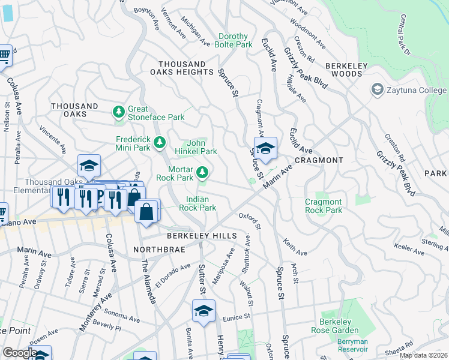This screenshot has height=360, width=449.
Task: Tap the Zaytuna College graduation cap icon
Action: pyautogui.click(x=378, y=90)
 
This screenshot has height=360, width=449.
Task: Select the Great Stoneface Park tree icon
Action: pyautogui.click(x=118, y=112)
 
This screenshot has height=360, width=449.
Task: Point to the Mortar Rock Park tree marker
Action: pyautogui.click(x=203, y=173)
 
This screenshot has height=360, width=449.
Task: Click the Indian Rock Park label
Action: pyautogui.click(x=201, y=203)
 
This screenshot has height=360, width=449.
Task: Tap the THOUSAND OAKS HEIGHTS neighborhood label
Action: pyautogui.click(x=182, y=68)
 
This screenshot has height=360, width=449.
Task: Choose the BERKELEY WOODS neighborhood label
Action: pyautogui.click(x=344, y=70)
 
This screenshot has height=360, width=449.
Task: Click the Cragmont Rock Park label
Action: pyautogui.click(x=324, y=206)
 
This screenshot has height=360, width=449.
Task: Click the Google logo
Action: pyautogui.click(x=20, y=352)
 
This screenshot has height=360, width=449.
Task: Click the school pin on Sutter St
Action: pyautogui.click(x=203, y=311)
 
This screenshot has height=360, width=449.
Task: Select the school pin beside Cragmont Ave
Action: pyautogui.click(x=265, y=148)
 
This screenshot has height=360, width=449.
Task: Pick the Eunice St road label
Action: pyautogui.click(x=234, y=317)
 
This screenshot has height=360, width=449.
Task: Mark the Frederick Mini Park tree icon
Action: pyautogui.click(x=160, y=142)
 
